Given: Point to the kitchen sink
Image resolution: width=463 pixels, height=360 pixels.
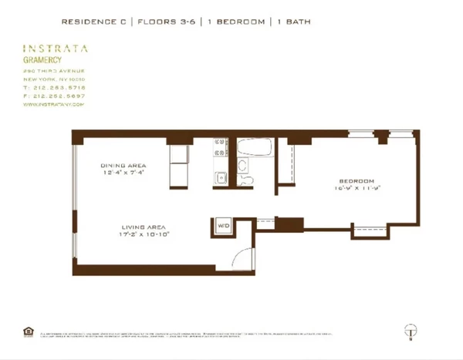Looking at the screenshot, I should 220,177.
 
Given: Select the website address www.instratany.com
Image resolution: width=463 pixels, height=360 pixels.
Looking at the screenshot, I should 51,104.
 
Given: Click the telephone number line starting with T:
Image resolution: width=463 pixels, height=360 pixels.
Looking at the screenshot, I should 53,87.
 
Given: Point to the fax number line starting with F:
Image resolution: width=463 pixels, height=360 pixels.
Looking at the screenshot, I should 53,96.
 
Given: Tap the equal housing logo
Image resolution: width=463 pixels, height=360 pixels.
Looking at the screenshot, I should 29,331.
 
